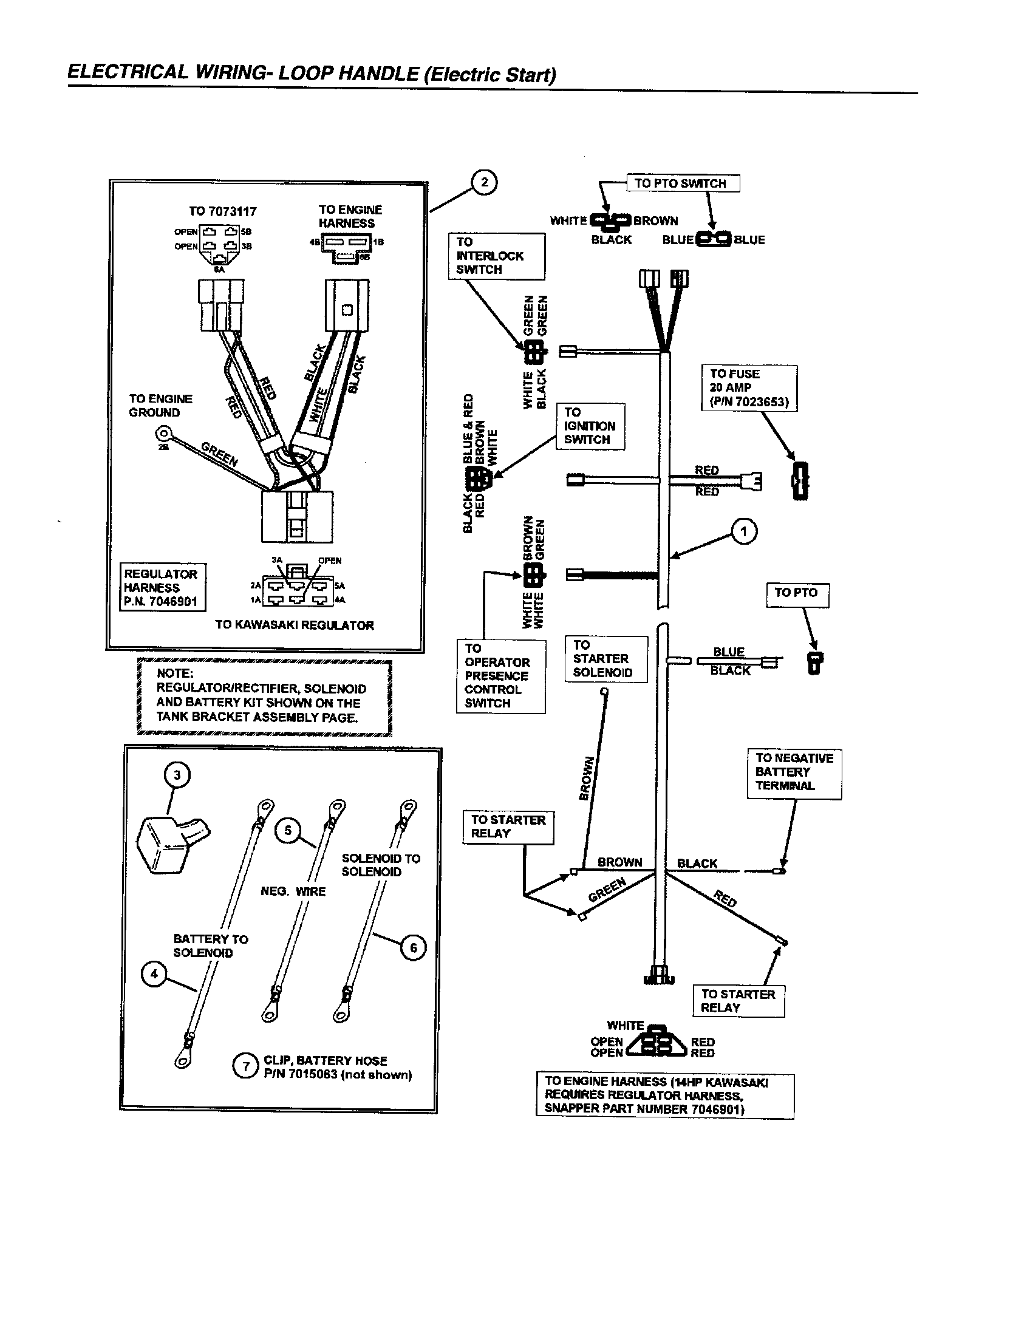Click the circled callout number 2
point(485,182)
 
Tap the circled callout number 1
point(744,531)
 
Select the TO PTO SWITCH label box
point(683,183)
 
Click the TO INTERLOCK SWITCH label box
point(496,256)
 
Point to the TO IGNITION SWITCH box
point(590,426)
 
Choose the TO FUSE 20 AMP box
point(749,388)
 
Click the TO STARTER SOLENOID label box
point(605,659)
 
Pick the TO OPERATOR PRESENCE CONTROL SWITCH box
point(500,675)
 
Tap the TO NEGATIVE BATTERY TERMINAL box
point(793,772)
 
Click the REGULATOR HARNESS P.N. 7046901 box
point(162,587)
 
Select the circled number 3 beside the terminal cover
point(177,775)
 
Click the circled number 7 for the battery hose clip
point(246,1066)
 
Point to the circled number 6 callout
point(414,947)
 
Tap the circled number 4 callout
point(154,973)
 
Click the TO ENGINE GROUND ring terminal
point(163,434)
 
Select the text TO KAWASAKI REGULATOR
point(294,625)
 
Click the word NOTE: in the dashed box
point(174,673)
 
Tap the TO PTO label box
point(797,593)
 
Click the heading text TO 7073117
point(223,212)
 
